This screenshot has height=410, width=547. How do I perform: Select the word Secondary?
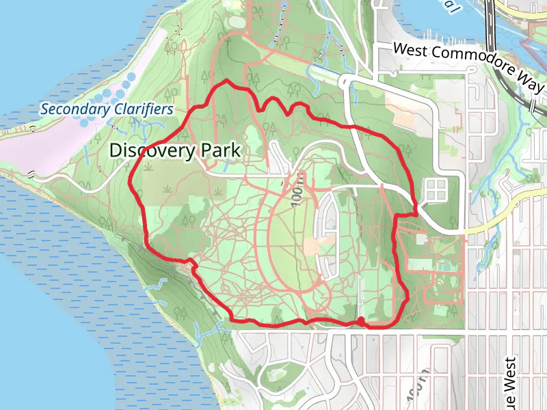(73, 109)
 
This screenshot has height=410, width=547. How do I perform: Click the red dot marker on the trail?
(360, 320)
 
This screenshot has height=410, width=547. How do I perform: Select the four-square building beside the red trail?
(436, 190)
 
